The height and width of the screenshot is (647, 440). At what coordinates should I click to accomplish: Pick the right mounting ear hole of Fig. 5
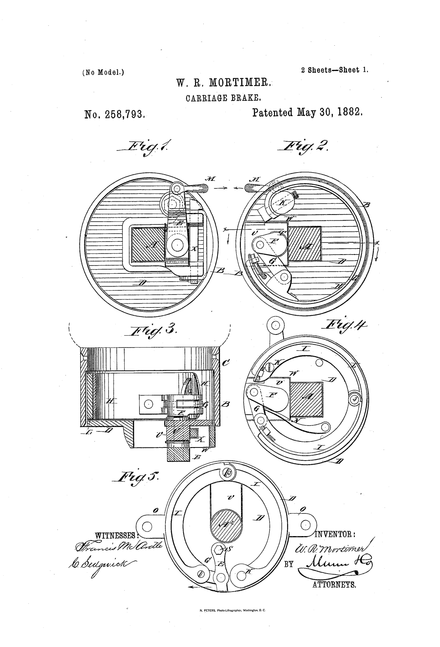coord(307,526)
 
